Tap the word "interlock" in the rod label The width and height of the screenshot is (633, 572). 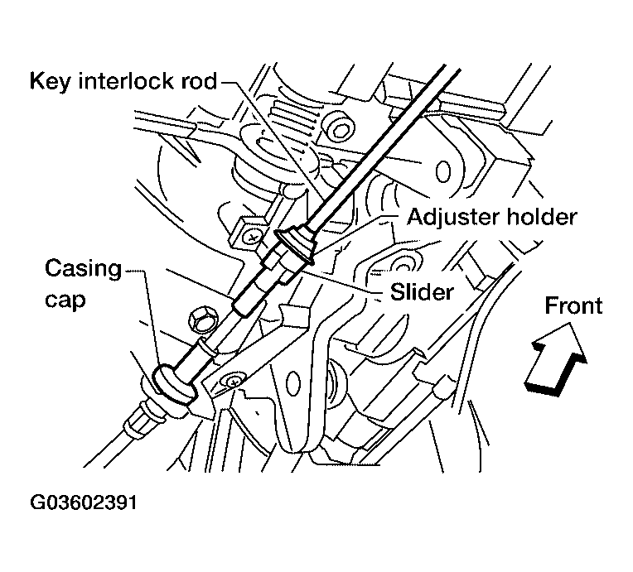[x=123, y=81]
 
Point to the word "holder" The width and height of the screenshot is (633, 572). [x=540, y=217]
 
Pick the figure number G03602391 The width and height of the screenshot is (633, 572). [x=83, y=504]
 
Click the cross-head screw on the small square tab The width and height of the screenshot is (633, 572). [x=251, y=236]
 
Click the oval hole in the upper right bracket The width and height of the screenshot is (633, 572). [x=443, y=171]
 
